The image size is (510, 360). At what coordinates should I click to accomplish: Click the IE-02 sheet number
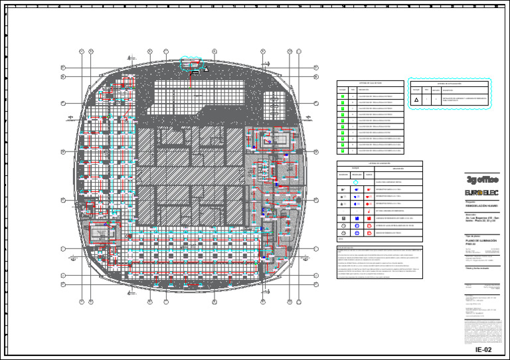[x=483, y=349]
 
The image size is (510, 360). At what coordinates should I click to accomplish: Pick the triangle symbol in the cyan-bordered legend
[x=416, y=100]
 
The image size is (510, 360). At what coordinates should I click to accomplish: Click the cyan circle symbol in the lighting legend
[x=355, y=181]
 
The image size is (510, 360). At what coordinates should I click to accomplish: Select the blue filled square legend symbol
[x=344, y=218]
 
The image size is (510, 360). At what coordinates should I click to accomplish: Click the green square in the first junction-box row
[x=343, y=97]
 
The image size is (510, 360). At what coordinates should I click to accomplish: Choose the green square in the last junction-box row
[x=343, y=150]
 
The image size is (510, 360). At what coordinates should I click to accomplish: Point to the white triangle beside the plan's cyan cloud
[x=207, y=69]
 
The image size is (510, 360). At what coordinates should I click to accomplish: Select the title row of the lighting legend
[x=379, y=163]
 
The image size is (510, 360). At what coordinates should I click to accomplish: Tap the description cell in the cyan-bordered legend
[x=464, y=100]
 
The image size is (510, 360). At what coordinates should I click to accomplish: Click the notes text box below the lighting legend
[x=379, y=260]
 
